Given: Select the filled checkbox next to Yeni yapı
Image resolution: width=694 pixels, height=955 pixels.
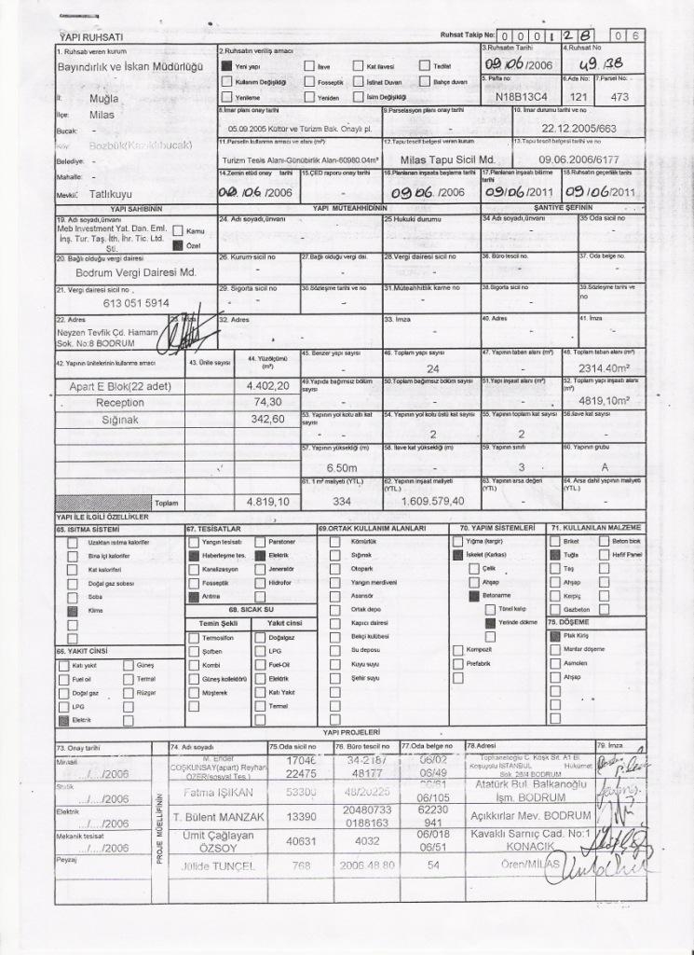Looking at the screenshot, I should point(226,67).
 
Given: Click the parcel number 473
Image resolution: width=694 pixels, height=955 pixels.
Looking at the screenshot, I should point(620,95).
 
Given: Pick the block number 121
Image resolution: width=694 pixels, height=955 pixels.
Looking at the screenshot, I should point(578,95).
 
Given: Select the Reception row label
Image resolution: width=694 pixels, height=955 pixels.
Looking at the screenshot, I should point(120,403).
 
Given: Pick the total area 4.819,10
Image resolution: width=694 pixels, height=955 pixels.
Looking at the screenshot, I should point(267,501).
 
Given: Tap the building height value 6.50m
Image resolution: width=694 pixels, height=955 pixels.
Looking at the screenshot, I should point(342,466).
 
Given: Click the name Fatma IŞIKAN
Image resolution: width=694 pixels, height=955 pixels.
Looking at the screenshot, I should point(215,792).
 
